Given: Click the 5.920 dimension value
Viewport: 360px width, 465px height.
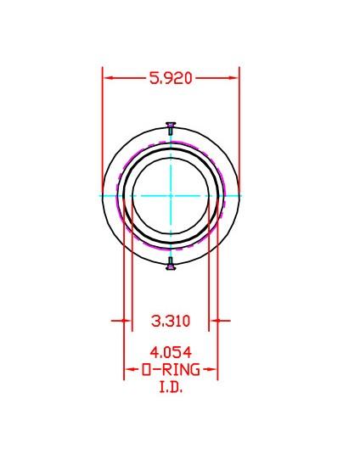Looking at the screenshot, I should (171, 78).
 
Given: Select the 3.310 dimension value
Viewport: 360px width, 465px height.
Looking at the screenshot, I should (171, 321).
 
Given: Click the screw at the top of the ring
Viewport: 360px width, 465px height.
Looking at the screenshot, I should (171, 127).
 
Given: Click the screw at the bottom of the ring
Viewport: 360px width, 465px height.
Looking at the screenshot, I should (171, 265).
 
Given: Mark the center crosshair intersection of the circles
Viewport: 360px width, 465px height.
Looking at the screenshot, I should (171, 195).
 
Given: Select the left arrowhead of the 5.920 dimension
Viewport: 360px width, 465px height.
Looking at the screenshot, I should (108, 78).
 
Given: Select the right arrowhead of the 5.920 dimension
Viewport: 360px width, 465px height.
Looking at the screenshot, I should (233, 78).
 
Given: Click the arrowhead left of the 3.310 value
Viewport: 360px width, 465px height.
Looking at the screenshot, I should (127, 321).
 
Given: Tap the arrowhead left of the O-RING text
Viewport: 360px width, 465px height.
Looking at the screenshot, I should (129, 371).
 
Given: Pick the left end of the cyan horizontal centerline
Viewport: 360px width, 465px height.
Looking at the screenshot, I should (100, 195).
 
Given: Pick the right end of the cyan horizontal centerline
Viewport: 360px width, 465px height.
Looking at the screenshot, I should (242, 195).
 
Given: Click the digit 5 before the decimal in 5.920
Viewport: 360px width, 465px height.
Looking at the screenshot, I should (154, 78).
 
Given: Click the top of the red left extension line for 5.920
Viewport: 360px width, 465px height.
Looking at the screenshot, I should (103, 68).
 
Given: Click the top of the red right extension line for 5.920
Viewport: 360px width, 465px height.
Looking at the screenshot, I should (239, 68).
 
